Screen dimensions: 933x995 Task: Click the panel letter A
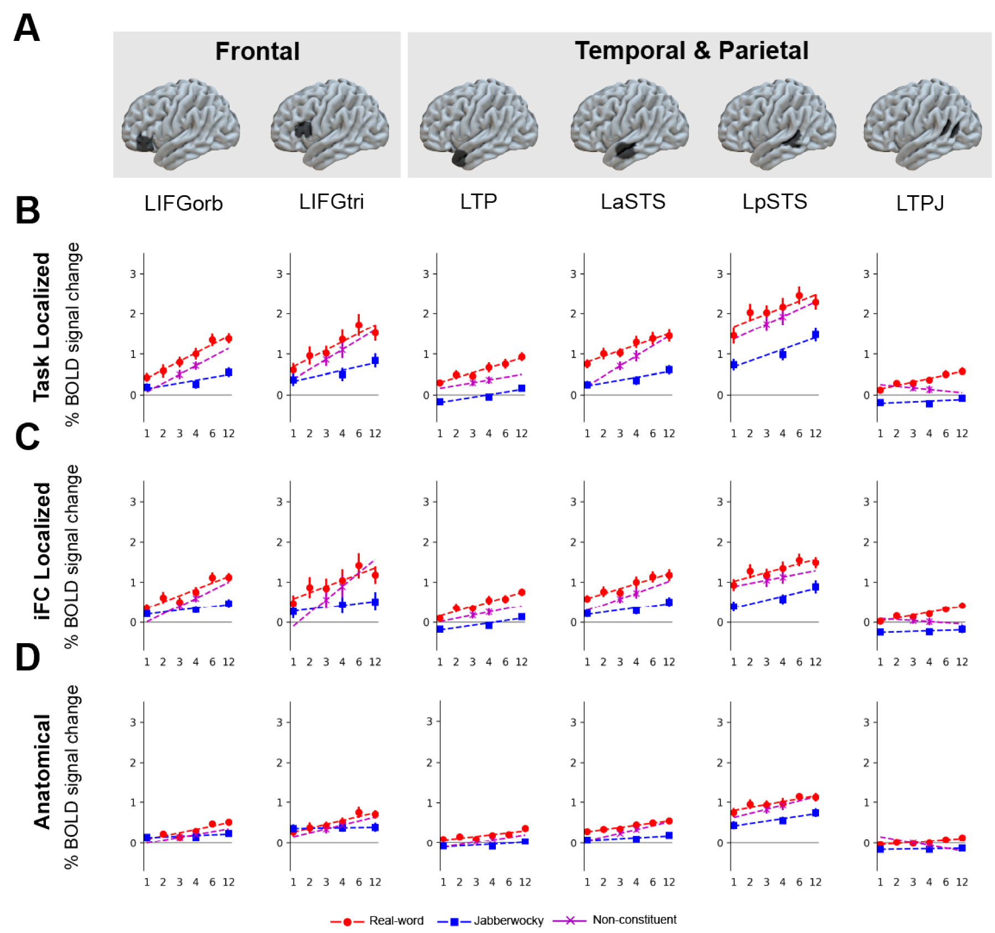tap(27, 28)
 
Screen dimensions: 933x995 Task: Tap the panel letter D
tap(27, 658)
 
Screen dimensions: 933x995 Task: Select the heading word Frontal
tap(257, 51)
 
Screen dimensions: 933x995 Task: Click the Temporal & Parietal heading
tap(691, 51)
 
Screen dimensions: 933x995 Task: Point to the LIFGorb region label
tap(183, 204)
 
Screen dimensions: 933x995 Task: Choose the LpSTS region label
tap(774, 202)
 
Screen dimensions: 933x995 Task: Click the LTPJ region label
tap(920, 204)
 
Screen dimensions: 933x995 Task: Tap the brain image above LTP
tap(479, 123)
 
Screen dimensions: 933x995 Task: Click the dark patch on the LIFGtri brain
tap(303, 129)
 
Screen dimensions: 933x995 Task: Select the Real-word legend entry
tap(396, 920)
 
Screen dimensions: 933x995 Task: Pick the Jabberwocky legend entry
tap(508, 920)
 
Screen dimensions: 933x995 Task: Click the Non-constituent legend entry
tap(634, 920)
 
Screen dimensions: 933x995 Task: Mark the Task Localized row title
tap(42, 327)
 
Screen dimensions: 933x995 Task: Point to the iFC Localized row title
tap(42, 551)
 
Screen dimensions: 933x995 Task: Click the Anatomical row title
tap(42, 772)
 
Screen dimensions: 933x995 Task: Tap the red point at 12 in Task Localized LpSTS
tap(815, 303)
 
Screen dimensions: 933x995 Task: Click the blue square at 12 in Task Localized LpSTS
tap(815, 335)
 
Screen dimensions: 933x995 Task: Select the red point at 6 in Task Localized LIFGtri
tap(359, 326)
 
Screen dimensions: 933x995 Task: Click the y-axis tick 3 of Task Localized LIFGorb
tap(133, 274)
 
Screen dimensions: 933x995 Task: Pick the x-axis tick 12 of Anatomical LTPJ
tap(962, 882)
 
